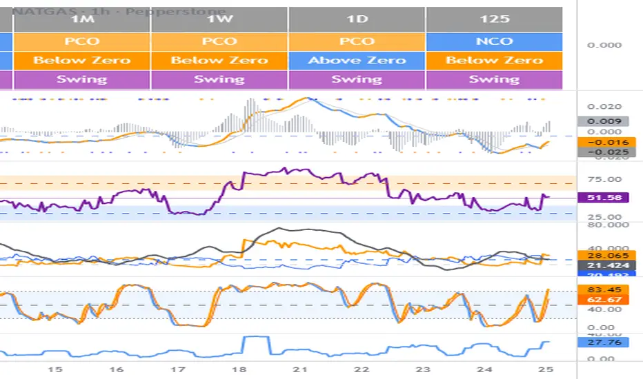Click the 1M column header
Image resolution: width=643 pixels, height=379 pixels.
click(81, 19)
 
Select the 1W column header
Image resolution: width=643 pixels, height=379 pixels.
click(219, 19)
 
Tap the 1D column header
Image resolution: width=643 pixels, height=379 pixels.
click(357, 19)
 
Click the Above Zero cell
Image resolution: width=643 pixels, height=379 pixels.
click(357, 60)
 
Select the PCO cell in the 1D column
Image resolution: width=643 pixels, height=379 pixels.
click(357, 41)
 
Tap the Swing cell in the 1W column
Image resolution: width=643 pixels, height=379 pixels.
click(219, 79)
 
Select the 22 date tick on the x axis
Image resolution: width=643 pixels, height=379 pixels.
click(364, 369)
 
